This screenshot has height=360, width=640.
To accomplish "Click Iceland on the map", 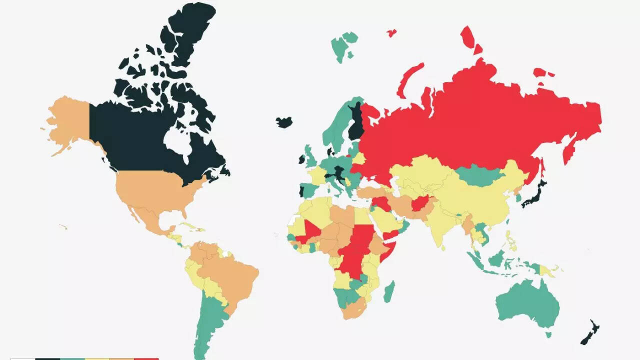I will pyautogui.click(x=284, y=122).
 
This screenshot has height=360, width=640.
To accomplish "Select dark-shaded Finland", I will pyautogui.click(x=356, y=122).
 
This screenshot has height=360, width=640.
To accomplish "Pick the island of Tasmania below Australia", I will pyautogui.click(x=548, y=334).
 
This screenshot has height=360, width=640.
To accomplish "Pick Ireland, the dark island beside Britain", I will pyautogui.click(x=302, y=159).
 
